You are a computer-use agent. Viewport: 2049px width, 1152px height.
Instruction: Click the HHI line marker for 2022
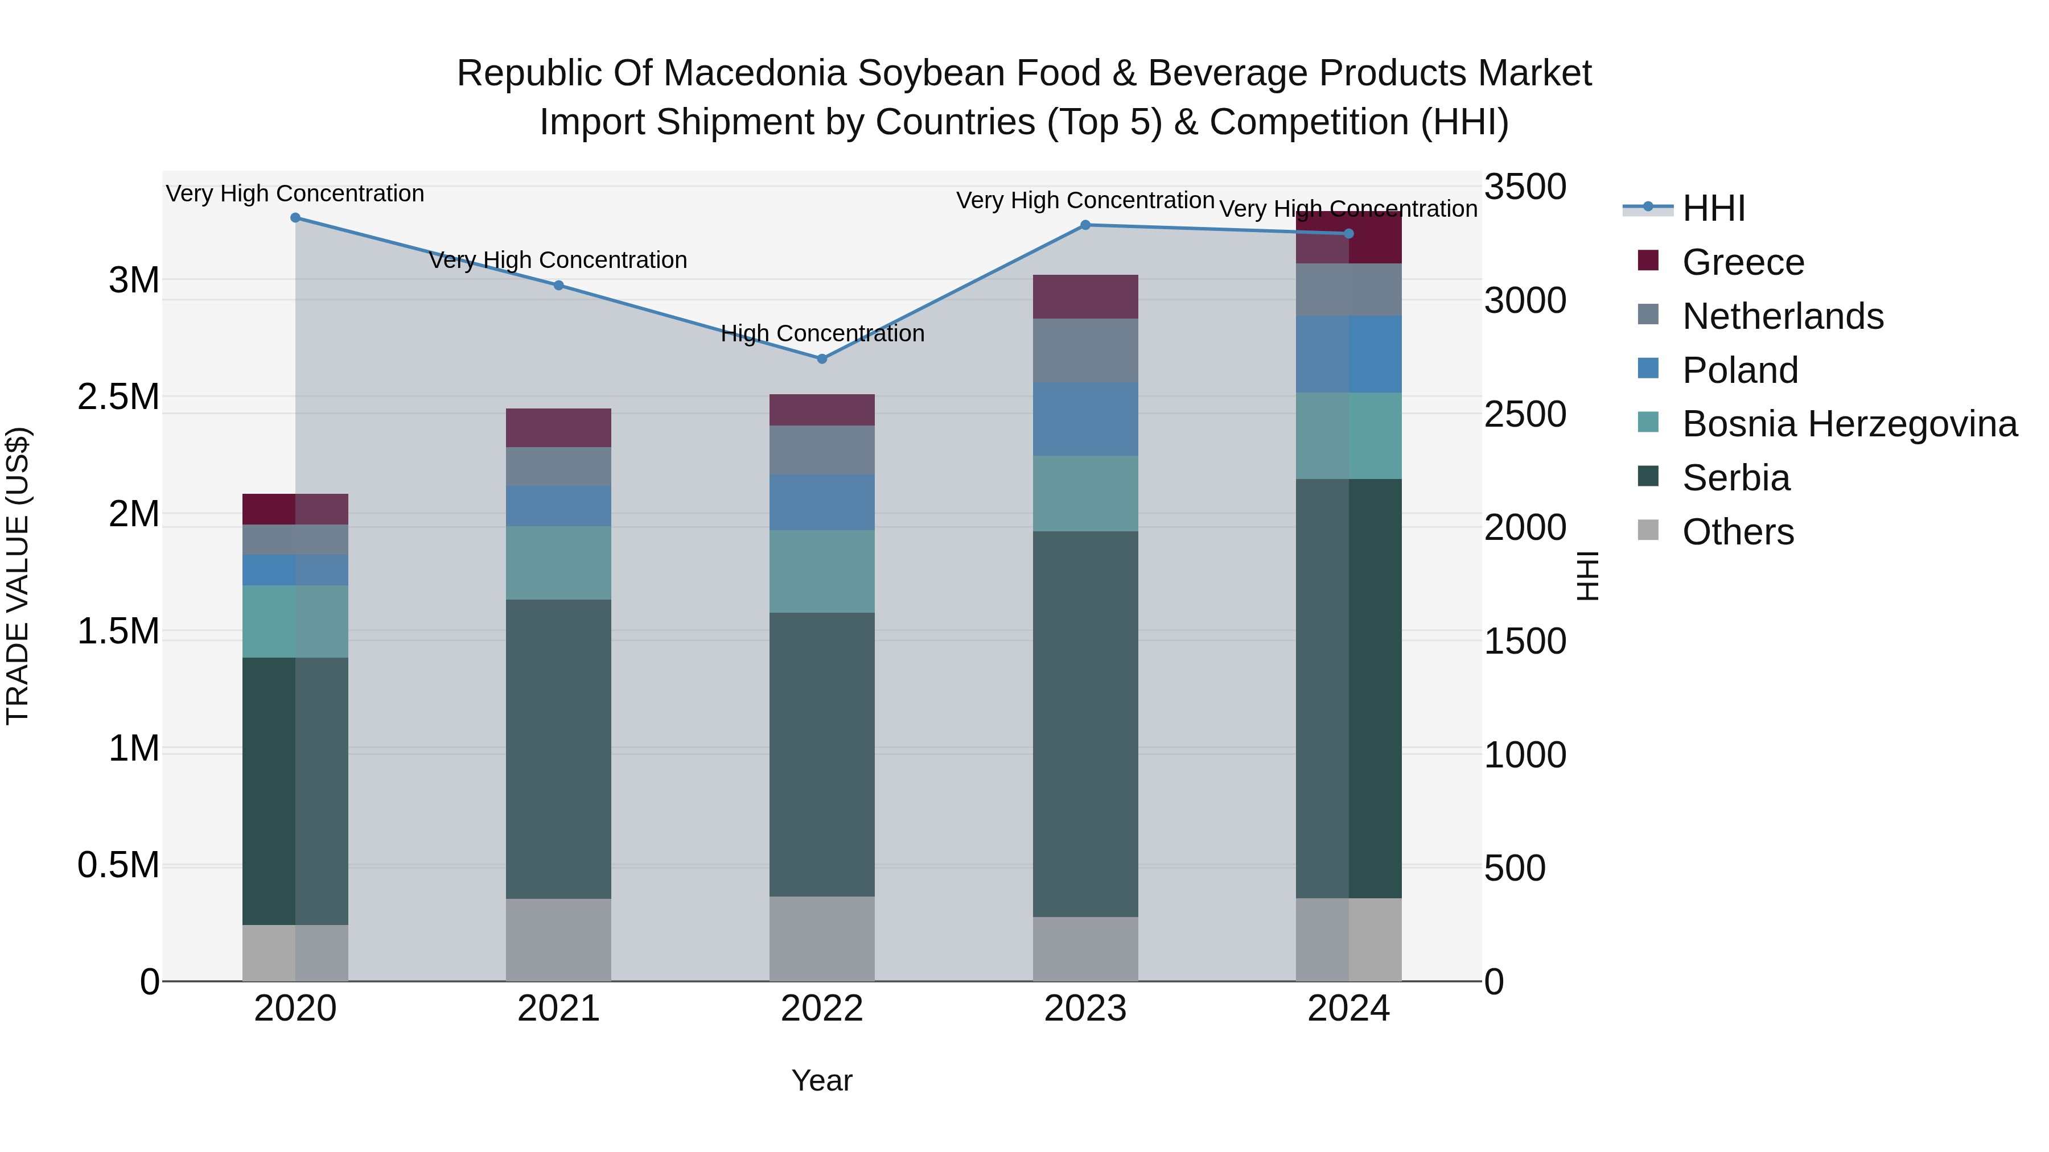pos(822,358)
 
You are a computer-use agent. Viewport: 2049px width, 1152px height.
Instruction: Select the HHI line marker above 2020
pos(295,218)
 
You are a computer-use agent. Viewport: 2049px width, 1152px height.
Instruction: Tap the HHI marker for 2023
pos(1085,225)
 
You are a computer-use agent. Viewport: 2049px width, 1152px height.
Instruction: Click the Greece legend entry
pos(1742,262)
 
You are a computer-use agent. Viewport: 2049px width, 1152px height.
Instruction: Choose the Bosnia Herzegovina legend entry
pos(1849,424)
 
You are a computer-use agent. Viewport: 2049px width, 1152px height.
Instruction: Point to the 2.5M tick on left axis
pos(118,397)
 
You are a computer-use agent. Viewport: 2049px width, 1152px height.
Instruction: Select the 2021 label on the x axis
pos(558,1009)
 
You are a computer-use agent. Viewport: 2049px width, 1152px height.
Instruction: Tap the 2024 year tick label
pos(1348,1009)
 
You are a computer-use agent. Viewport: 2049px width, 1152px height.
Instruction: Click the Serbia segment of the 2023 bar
pos(1085,724)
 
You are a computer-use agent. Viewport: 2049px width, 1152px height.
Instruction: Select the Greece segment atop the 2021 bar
pos(558,428)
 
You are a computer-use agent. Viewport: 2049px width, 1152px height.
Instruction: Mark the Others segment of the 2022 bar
pos(822,938)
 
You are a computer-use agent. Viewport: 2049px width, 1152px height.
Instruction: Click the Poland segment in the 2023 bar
pos(1085,419)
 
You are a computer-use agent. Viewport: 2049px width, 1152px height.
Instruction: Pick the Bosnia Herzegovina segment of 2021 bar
pos(558,563)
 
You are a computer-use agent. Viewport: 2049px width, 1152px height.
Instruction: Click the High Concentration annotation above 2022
pos(822,333)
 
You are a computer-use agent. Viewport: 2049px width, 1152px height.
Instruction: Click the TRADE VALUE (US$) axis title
pos(18,576)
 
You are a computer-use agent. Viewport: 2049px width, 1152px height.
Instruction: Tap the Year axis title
pos(822,1080)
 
